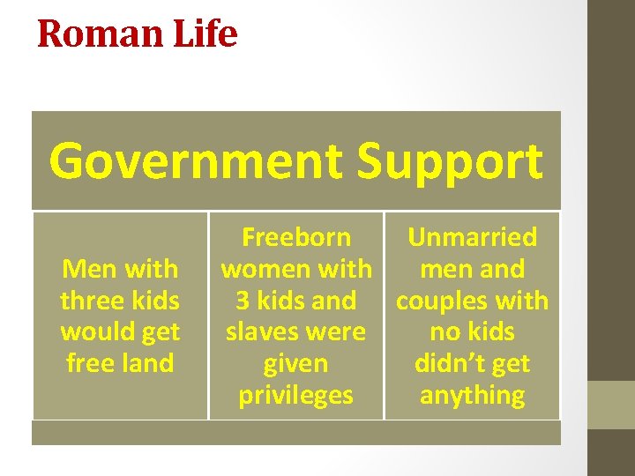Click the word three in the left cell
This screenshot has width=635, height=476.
(x=88, y=301)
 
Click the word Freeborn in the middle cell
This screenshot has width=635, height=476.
(x=295, y=237)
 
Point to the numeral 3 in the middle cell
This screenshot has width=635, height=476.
(x=243, y=301)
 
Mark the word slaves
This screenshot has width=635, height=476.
(x=264, y=332)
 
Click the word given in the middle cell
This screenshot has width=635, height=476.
(x=295, y=363)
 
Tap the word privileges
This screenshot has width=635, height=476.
(x=295, y=396)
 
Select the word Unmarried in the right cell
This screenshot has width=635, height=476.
(x=472, y=237)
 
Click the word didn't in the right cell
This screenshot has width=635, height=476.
(x=445, y=363)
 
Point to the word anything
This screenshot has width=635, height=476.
(x=472, y=396)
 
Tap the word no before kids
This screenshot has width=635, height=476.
(x=444, y=332)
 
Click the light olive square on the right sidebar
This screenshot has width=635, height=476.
(x=611, y=405)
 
